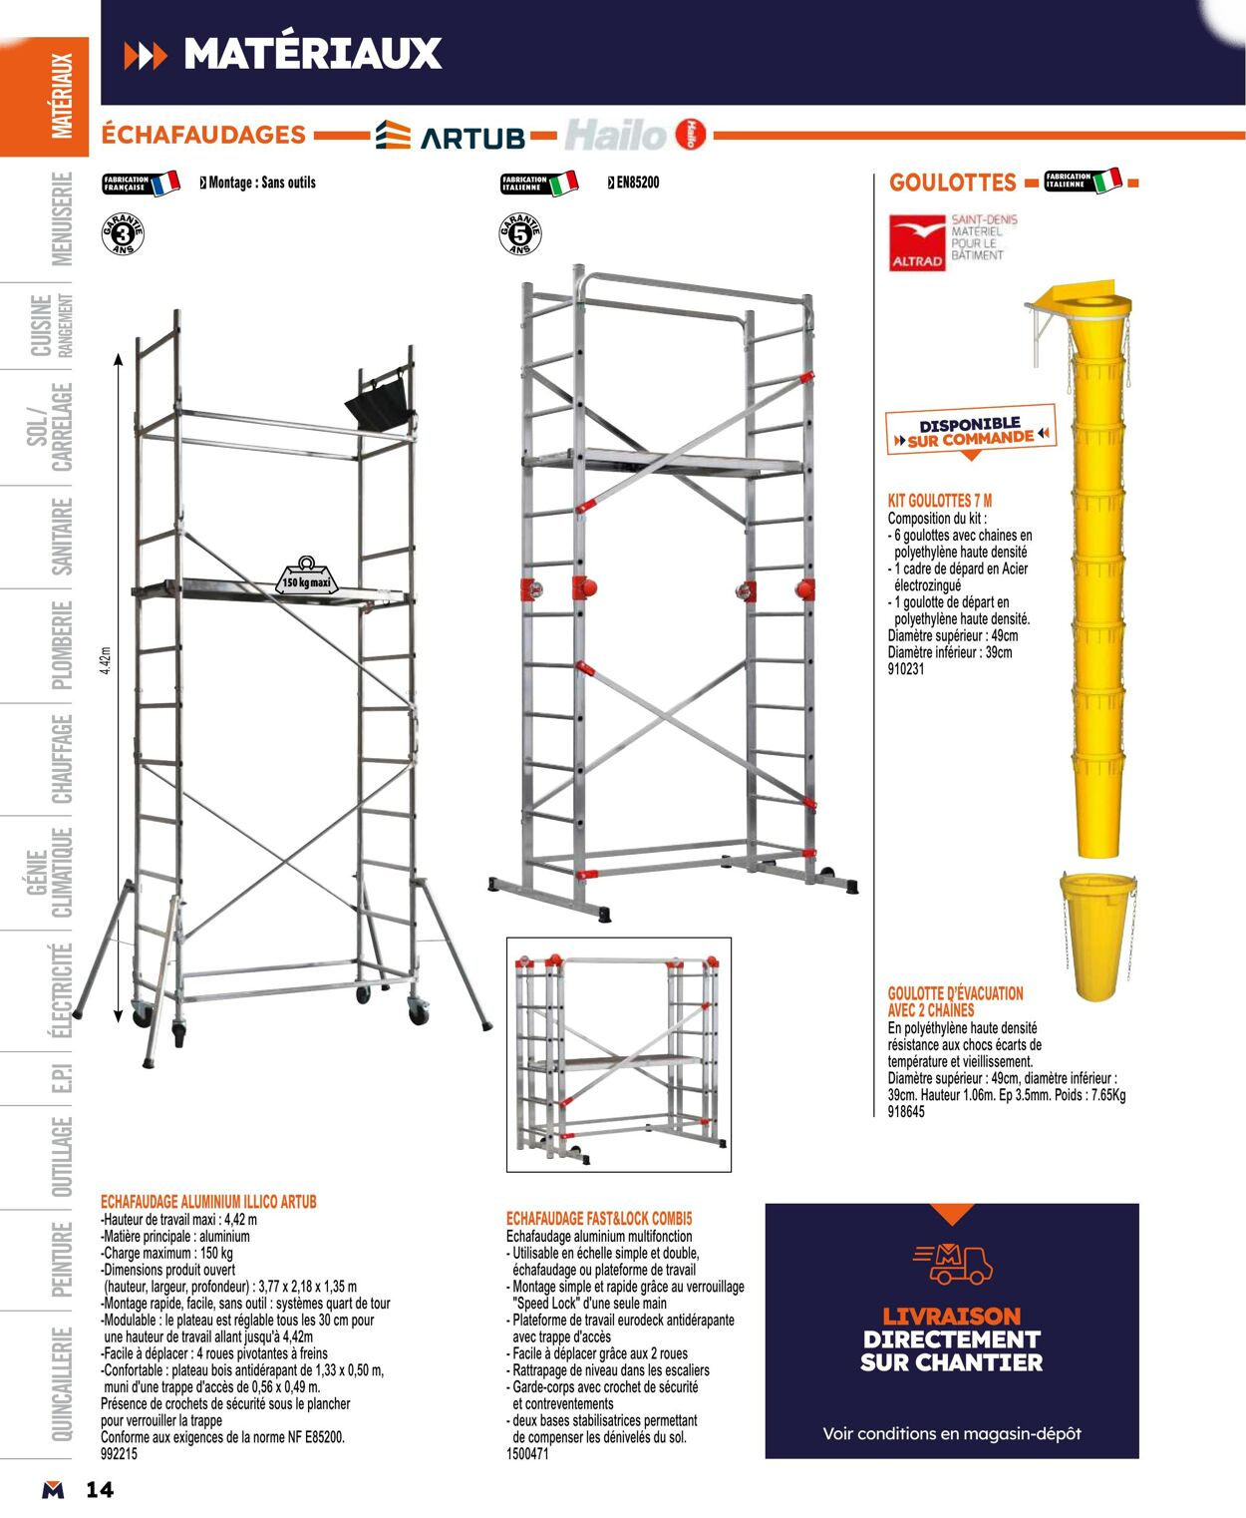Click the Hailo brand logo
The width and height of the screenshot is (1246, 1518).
(635, 135)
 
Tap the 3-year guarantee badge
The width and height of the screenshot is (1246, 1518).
(123, 234)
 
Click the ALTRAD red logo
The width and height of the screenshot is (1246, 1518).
(916, 242)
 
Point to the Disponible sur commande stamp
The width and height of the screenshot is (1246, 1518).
(970, 431)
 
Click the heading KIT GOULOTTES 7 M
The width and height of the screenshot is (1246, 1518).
(939, 501)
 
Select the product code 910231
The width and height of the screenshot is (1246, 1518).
(905, 669)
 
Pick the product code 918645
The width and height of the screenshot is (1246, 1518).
(905, 1112)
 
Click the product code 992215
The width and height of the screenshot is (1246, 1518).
(119, 1454)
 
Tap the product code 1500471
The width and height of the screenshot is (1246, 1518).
(527, 1454)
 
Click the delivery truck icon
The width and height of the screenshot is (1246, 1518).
(952, 1263)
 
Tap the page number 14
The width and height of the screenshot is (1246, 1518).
(100, 1490)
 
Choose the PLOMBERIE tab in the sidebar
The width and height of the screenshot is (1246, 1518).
(62, 645)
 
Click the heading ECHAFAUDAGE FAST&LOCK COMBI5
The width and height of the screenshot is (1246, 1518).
(598, 1219)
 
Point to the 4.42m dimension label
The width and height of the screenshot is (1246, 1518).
(107, 660)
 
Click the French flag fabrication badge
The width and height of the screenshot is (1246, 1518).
(141, 184)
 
